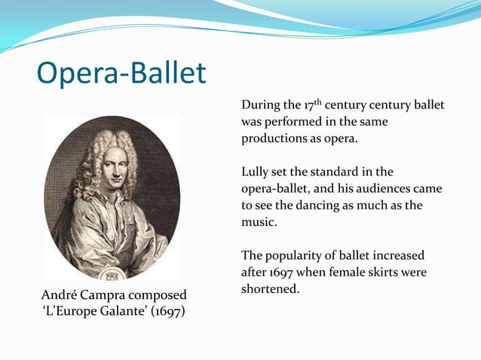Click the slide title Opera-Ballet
tap(121, 74)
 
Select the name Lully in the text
tap(255, 172)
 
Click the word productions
tap(274, 139)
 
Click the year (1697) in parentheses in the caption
tap(165, 310)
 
